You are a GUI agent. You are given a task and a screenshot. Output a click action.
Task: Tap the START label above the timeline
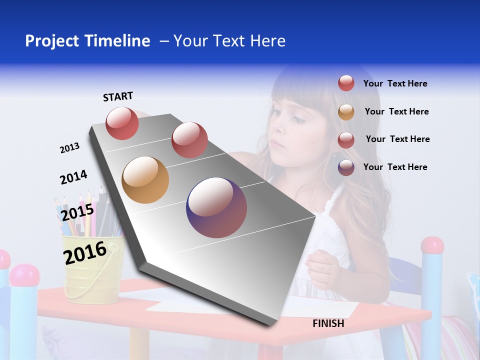pos(118,96)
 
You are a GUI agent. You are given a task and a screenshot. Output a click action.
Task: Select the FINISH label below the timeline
pos(328,323)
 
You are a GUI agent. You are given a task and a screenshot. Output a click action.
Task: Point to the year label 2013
pos(69,148)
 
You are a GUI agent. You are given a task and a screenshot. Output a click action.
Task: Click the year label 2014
pos(73,177)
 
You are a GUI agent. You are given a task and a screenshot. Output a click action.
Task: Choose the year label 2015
pos(77,212)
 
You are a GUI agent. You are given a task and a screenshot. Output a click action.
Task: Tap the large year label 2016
pos(85,252)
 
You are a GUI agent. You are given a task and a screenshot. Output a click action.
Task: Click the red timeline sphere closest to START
pos(122,123)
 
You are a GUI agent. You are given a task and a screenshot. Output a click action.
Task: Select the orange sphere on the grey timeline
pos(145,180)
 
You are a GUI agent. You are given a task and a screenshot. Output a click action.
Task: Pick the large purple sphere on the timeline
pos(216,207)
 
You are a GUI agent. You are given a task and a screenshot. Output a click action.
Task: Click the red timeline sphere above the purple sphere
pos(189,139)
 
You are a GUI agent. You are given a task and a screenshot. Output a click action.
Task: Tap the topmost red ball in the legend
pos(346,83)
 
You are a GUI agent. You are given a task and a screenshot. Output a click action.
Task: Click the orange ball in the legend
pos(346,112)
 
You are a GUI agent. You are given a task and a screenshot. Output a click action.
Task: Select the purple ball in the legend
pos(346,167)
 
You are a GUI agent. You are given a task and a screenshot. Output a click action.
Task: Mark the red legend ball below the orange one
pos(346,140)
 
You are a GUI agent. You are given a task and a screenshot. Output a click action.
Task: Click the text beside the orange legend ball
pos(396,111)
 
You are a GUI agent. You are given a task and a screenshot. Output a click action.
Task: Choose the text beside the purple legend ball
pos(395,167)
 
